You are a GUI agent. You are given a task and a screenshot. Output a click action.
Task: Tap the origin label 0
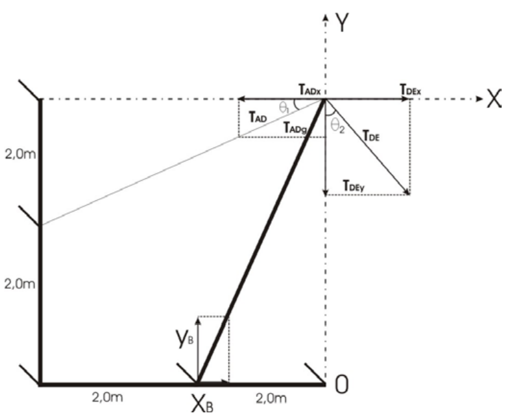(341, 386)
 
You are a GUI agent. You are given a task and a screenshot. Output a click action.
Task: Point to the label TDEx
(410, 89)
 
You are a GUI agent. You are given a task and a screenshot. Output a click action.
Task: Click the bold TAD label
(259, 117)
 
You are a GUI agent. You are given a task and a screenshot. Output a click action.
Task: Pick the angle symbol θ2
(337, 126)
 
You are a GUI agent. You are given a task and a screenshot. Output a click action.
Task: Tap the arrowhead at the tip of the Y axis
(325, 15)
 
